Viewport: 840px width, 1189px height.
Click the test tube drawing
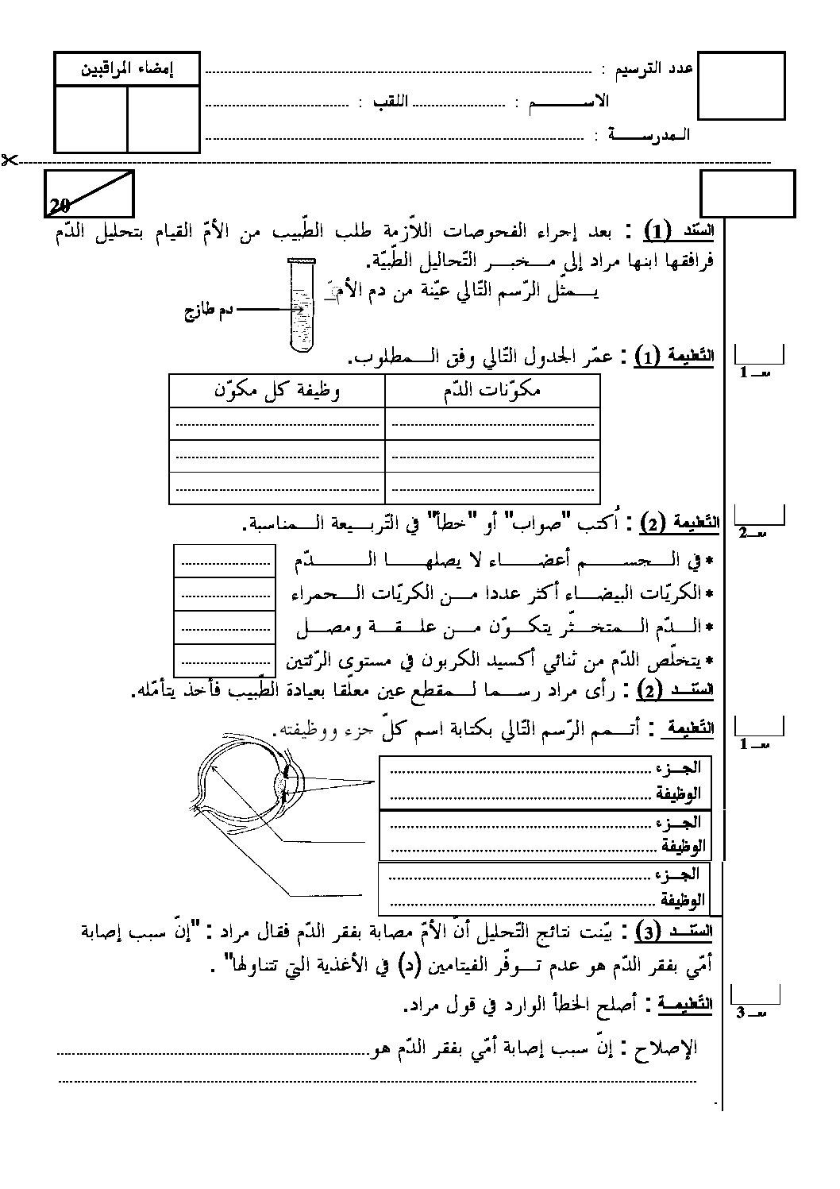click(x=302, y=306)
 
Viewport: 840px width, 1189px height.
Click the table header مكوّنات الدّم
click(x=491, y=390)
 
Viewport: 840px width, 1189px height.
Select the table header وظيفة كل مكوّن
click(x=278, y=390)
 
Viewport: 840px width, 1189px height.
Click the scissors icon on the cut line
click(x=9, y=160)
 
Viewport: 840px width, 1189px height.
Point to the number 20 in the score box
click(x=60, y=206)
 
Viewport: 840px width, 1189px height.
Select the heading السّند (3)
click(x=673, y=932)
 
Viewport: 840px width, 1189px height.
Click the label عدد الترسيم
click(x=656, y=69)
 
